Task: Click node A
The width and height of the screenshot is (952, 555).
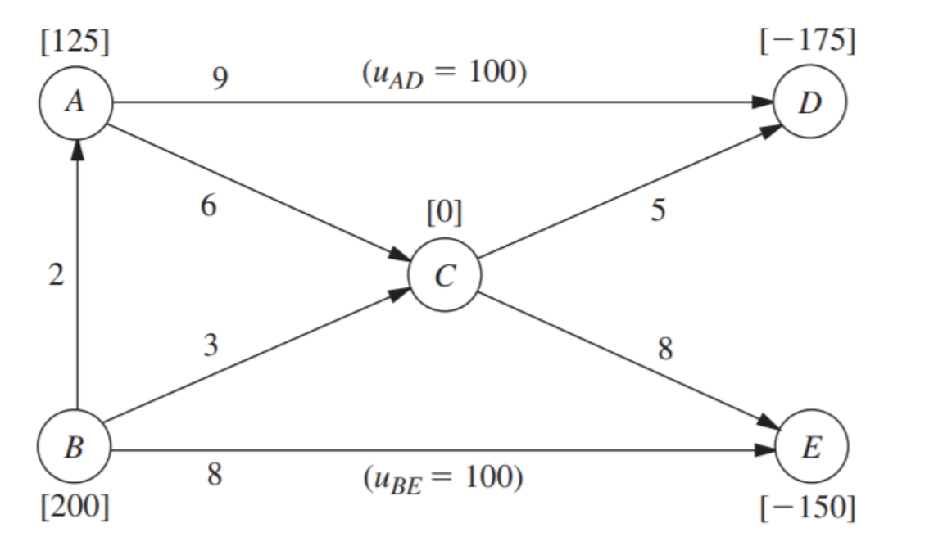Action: tap(75, 104)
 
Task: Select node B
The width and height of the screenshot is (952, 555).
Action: tap(75, 449)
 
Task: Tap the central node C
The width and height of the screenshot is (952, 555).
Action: tap(445, 277)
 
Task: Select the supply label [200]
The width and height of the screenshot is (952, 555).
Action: tap(75, 508)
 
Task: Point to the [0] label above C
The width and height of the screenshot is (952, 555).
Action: tap(445, 214)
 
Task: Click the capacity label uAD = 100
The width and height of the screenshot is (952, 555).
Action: tap(443, 74)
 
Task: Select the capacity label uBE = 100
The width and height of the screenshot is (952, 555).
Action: tap(443, 477)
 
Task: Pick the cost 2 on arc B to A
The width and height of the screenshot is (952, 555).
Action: tap(55, 277)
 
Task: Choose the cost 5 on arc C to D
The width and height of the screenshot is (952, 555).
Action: tap(657, 210)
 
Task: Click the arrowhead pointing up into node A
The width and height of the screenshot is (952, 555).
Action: tap(76, 150)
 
